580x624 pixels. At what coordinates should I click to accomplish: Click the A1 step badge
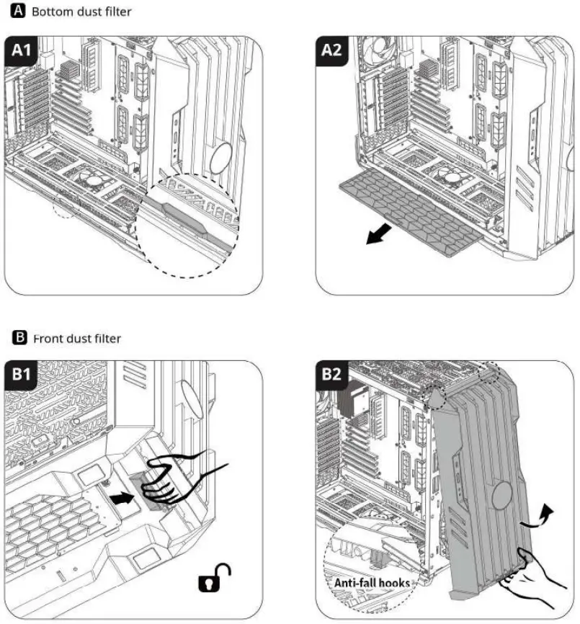[x=24, y=52]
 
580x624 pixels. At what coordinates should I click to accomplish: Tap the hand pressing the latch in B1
[x=175, y=476]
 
